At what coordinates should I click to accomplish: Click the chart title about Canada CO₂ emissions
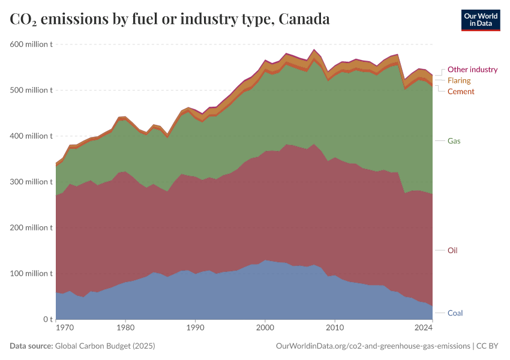[170, 19]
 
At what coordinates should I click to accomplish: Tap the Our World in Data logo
[480, 20]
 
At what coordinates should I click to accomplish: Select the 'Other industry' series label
[472, 70]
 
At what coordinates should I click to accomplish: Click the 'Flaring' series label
[459, 80]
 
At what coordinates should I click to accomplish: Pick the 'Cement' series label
[461, 91]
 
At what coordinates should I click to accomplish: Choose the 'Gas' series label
[454, 141]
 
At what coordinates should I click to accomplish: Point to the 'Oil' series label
[452, 250]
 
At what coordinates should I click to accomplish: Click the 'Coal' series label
[455, 313]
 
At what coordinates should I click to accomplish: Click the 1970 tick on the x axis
[64, 328]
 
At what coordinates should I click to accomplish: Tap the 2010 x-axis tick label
[335, 328]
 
